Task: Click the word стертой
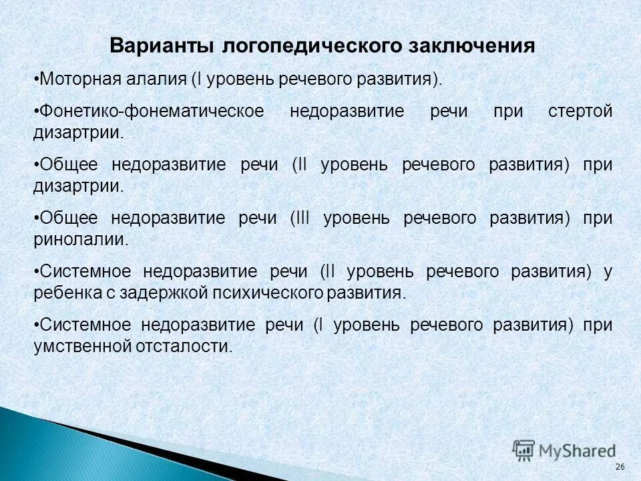580,112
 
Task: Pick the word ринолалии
80,240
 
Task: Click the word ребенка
62,293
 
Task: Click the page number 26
619,466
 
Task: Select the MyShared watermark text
576,451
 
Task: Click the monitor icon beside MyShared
524,450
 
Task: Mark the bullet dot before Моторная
35,79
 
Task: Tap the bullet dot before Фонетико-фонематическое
35,112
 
